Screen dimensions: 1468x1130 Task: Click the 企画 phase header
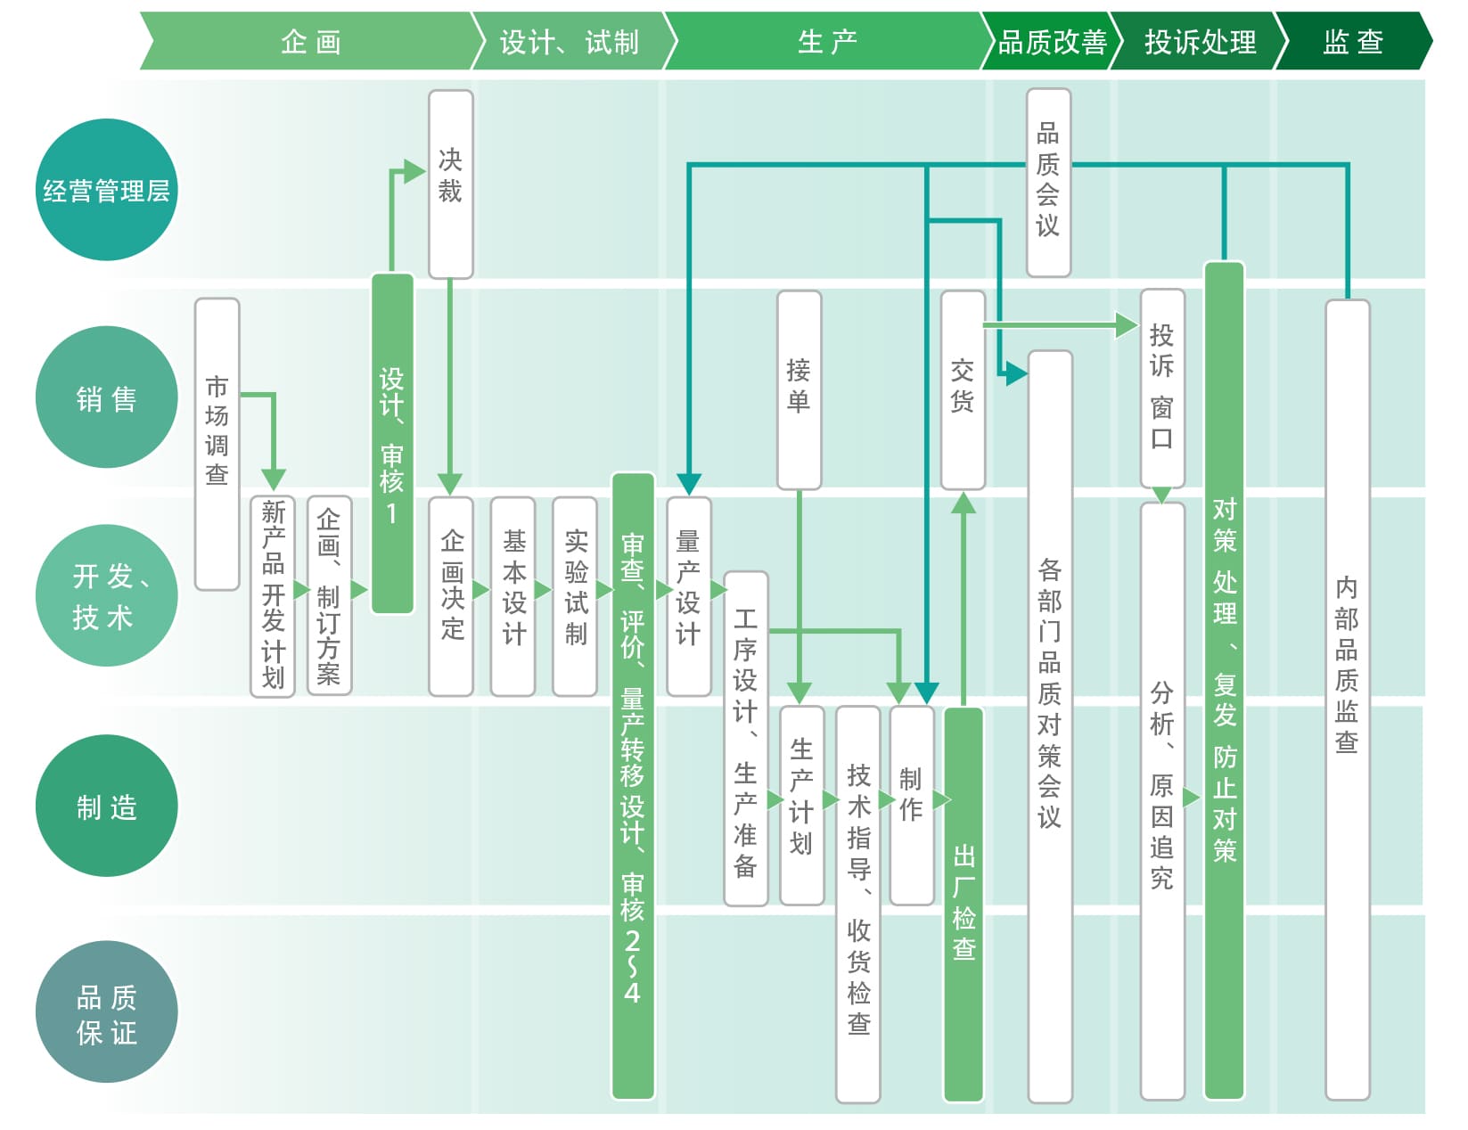pyautogui.click(x=311, y=40)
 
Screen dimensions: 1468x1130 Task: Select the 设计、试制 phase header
pyautogui.click(x=570, y=40)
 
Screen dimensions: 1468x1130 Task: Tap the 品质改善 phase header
pyautogui.click(x=1052, y=40)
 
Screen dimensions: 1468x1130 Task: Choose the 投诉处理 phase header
pyautogui.click(x=1200, y=40)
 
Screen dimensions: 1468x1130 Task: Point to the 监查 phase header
pyautogui.click(x=1353, y=40)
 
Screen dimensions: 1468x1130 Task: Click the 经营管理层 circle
pyautogui.click(x=106, y=190)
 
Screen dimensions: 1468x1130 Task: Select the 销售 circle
pyautogui.click(x=106, y=397)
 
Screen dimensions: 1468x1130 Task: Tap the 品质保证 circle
pyautogui.click(x=106, y=1011)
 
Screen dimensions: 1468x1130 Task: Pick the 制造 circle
pyautogui.click(x=106, y=806)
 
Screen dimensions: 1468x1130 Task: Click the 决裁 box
pyautogui.click(x=451, y=184)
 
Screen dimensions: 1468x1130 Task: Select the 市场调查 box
pyautogui.click(x=217, y=445)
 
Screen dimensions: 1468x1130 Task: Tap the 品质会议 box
pyautogui.click(x=1048, y=183)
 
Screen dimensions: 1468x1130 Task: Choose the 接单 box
pyautogui.click(x=800, y=389)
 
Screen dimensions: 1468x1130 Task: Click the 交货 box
pyautogui.click(x=963, y=389)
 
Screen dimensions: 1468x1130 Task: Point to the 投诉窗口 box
pyautogui.click(x=1162, y=389)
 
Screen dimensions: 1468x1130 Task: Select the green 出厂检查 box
pyautogui.click(x=963, y=905)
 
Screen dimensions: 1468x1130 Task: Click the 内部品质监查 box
pyautogui.click(x=1347, y=700)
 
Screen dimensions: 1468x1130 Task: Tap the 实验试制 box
pyautogui.click(x=575, y=596)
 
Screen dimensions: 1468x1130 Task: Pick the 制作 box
pyautogui.click(x=911, y=805)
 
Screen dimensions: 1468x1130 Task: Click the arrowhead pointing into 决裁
pyautogui.click(x=414, y=172)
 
